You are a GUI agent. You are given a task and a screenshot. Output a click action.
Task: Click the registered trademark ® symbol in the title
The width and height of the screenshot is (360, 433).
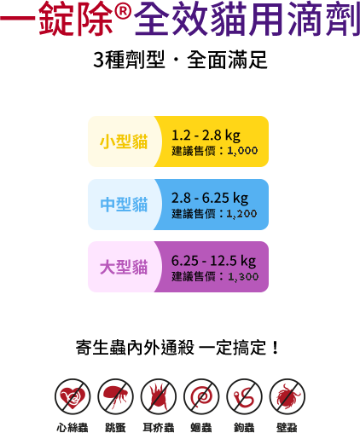[123, 11]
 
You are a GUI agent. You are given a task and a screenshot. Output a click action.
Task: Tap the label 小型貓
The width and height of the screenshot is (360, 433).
[124, 141]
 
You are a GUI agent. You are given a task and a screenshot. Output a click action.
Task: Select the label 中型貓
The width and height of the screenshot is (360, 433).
[124, 205]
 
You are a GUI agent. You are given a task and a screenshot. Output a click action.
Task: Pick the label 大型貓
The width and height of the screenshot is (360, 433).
[124, 267]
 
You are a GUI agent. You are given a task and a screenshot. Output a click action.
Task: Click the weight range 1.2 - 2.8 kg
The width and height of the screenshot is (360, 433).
[206, 136]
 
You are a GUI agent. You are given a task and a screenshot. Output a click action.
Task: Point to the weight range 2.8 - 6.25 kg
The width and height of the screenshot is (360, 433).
[210, 198]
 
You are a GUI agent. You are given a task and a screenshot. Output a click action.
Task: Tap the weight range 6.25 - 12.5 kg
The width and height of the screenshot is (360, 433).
[213, 261]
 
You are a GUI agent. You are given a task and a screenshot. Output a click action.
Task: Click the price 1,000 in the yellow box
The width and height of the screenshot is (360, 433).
[242, 151]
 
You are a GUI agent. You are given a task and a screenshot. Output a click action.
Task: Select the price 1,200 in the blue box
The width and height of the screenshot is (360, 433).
[241, 214]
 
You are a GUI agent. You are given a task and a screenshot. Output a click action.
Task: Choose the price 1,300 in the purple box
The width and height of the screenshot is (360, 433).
[243, 276]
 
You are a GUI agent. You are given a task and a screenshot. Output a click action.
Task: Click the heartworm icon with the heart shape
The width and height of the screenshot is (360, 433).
[73, 396]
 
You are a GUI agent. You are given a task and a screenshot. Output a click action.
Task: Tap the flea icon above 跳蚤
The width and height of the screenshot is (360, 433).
[115, 396]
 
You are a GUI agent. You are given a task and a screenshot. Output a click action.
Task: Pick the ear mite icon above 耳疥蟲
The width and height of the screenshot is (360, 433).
[159, 396]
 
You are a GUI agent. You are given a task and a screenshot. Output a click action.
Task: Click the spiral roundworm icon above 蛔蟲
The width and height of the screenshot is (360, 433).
[201, 396]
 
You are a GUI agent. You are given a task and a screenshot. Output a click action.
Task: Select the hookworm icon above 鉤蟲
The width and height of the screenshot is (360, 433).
[244, 396]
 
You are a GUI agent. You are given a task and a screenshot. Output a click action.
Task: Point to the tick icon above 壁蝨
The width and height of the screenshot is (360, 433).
[287, 396]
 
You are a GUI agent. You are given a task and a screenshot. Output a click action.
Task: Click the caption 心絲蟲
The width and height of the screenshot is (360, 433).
[73, 427]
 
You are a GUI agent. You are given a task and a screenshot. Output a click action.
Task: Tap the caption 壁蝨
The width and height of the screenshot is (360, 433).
[287, 427]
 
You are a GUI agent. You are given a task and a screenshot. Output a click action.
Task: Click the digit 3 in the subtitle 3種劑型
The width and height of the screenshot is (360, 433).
[98, 61]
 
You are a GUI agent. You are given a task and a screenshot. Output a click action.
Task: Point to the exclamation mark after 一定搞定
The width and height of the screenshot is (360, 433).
[275, 348]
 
